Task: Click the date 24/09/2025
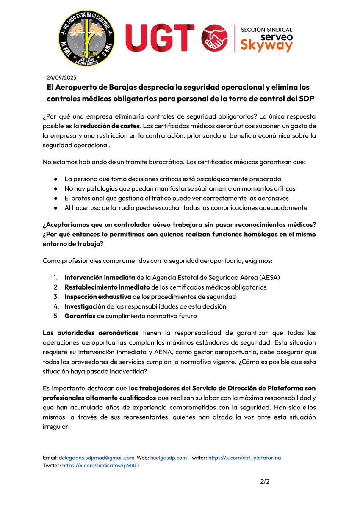click(x=61, y=77)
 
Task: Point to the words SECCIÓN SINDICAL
click(x=266, y=30)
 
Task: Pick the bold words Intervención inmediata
click(x=100, y=278)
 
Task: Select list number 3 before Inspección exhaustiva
click(x=55, y=297)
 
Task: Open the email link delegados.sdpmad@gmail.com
click(x=97, y=458)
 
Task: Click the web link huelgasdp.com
click(x=169, y=458)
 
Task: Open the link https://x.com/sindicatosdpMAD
click(x=100, y=465)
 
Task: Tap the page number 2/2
click(x=265, y=482)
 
